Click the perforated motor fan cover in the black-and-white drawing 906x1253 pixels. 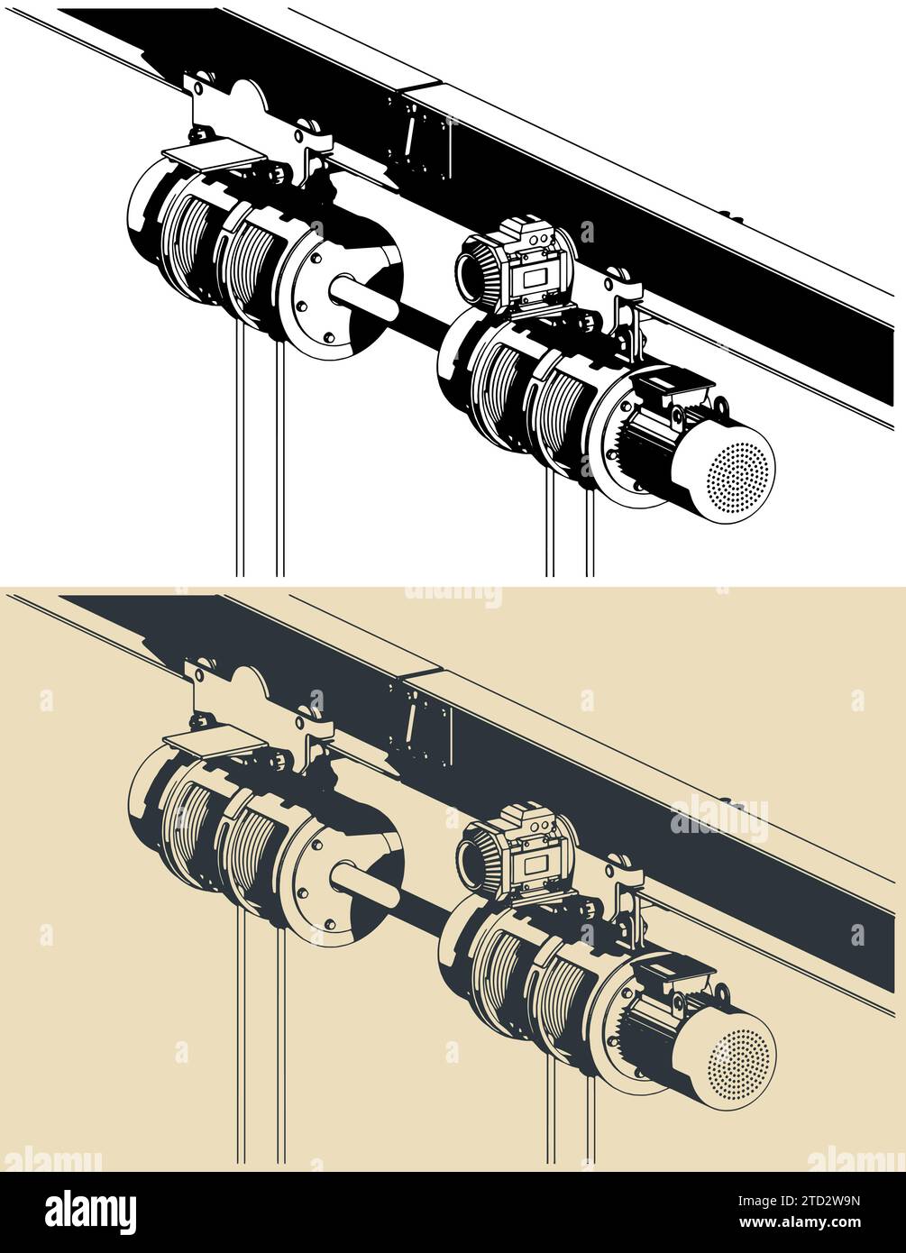pyautogui.click(x=739, y=470)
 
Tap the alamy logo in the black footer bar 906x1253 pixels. pyautogui.click(x=90, y=1212)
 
